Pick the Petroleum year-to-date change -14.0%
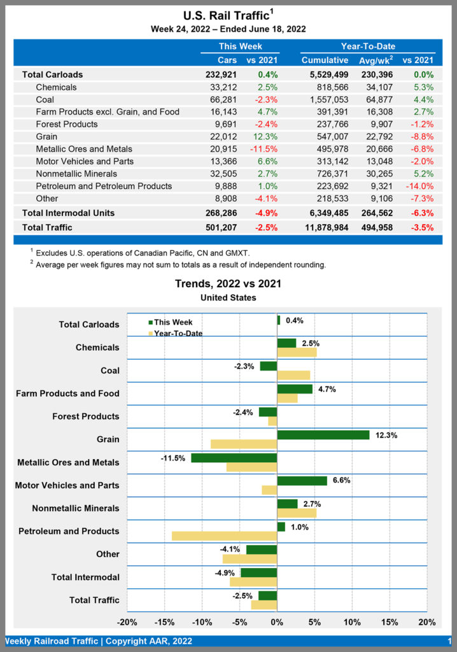[x=421, y=186]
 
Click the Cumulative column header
[x=325, y=60]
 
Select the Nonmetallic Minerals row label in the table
[x=76, y=173]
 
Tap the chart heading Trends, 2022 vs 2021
[x=228, y=284]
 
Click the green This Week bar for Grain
[x=323, y=435]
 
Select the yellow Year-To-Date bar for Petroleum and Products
[x=224, y=536]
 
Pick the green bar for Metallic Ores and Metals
[x=234, y=458]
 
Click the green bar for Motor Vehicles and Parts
[x=302, y=481]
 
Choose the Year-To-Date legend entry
[x=178, y=333]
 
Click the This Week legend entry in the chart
[x=172, y=322]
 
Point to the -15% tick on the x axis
[x=165, y=622]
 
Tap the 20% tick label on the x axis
[x=427, y=622]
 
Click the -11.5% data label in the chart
[x=173, y=458]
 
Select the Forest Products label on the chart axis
[x=85, y=416]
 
